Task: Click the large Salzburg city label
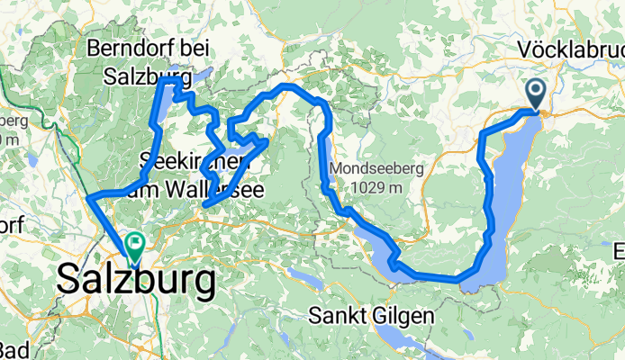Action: coord(136,281)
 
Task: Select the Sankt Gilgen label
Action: coord(371,316)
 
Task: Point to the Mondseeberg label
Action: coord(371,168)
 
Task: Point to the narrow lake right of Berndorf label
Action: coord(205,75)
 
